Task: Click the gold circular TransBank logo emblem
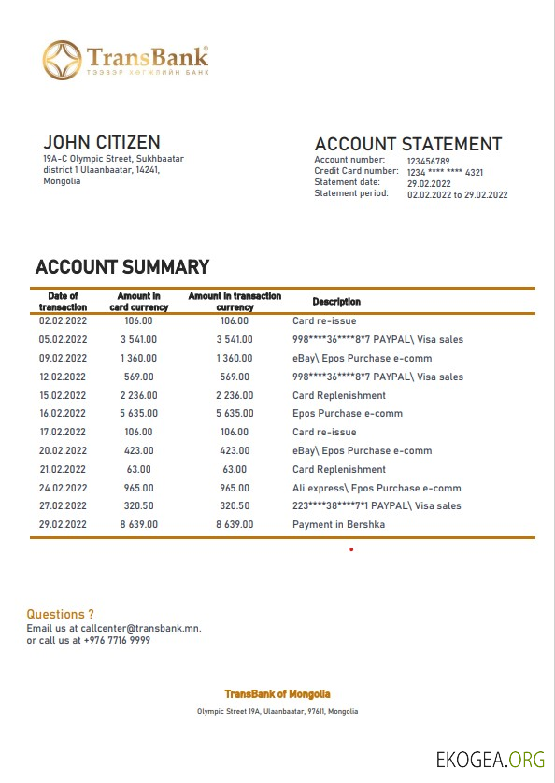click(62, 60)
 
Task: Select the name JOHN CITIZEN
click(101, 143)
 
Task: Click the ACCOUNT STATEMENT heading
click(407, 145)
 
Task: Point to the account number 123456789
click(428, 161)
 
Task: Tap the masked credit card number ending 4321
click(445, 172)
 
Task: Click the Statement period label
click(351, 194)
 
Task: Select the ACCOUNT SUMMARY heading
click(121, 267)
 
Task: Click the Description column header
click(336, 302)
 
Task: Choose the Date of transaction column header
click(63, 302)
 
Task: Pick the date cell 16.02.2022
click(63, 414)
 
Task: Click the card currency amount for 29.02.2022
click(138, 525)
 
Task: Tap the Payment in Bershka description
click(338, 525)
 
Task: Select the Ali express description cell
click(377, 488)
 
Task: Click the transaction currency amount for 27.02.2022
click(235, 506)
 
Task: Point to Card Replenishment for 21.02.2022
click(338, 469)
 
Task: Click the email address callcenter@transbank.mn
click(140, 629)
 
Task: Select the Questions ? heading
click(60, 615)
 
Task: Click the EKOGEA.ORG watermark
click(490, 759)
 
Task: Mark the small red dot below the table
click(351, 549)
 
